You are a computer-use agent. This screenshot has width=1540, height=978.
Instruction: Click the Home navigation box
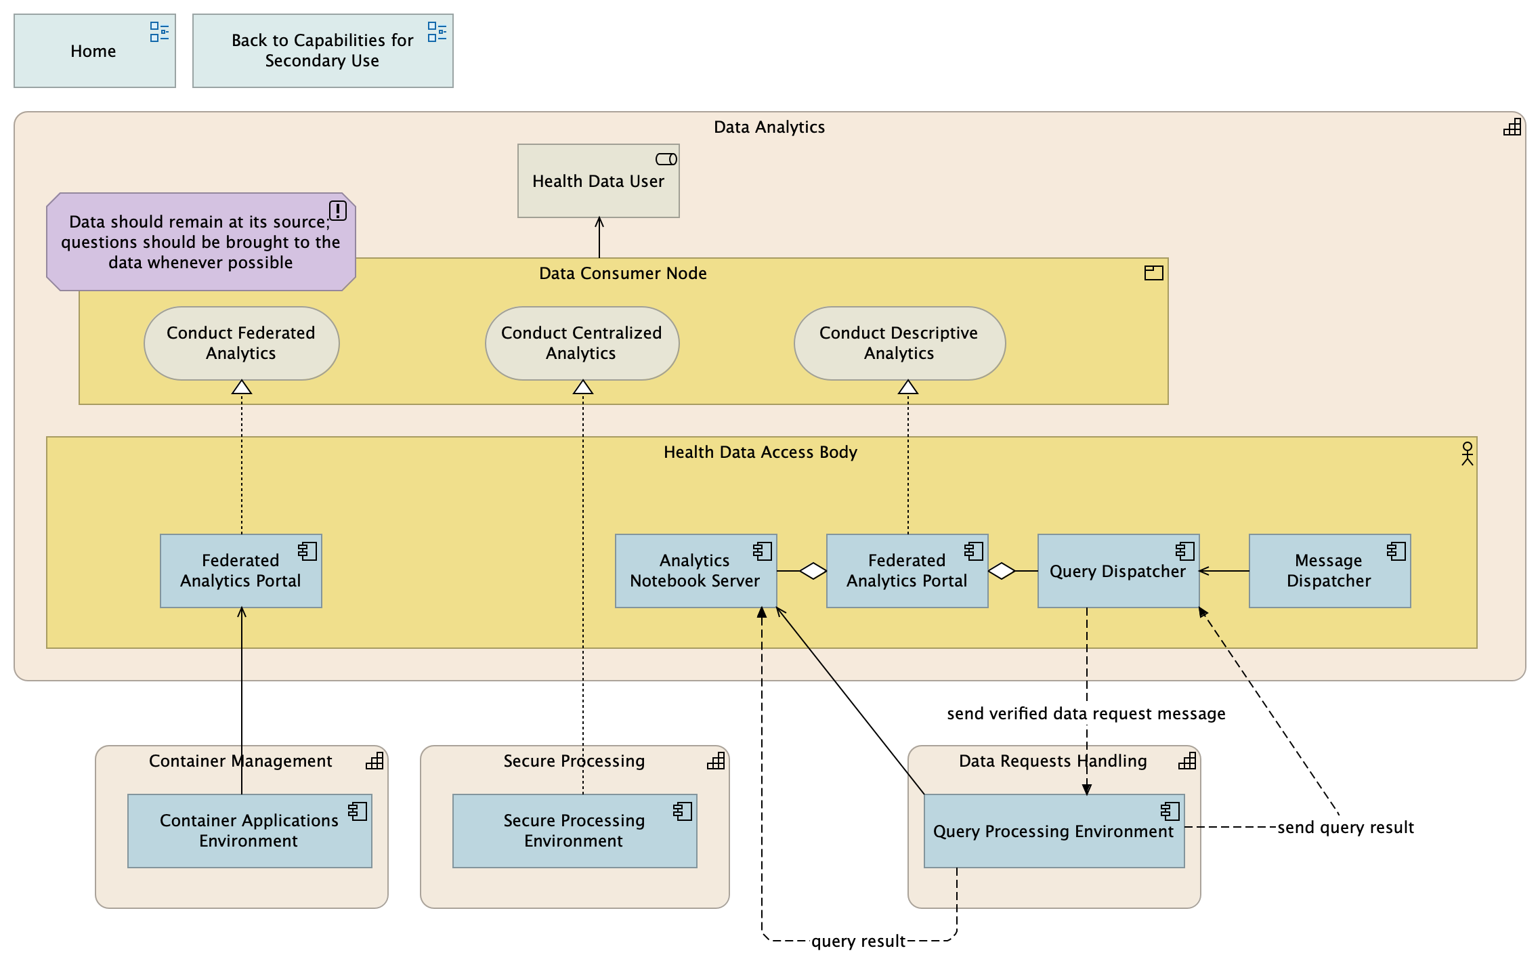[94, 51]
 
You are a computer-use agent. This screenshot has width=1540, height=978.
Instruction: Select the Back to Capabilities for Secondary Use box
[322, 51]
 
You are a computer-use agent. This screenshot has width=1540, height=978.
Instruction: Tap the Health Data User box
[598, 181]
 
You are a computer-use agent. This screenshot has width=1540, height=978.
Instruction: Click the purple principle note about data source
[200, 242]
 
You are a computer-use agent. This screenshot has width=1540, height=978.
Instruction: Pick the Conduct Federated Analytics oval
[241, 343]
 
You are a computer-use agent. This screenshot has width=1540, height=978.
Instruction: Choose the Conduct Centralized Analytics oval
[582, 343]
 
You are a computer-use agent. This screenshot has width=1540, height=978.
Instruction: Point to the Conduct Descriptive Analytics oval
[899, 343]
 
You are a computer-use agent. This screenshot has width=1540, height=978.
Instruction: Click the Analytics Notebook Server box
[695, 571]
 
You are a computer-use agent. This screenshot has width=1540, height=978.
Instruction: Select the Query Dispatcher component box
[1117, 571]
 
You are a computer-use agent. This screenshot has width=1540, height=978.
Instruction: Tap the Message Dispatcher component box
[1329, 571]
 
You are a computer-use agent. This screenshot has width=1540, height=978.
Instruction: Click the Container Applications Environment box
[249, 831]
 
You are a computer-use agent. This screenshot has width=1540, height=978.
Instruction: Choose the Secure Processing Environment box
[574, 831]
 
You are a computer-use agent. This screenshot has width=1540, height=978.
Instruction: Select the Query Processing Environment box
[1053, 831]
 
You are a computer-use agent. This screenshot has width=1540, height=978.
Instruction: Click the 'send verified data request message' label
[1086, 714]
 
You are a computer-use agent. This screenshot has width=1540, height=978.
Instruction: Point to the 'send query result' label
[1345, 828]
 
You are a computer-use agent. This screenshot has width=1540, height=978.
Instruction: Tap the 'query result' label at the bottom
[858, 941]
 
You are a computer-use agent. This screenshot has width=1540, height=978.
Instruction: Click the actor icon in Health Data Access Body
[1467, 453]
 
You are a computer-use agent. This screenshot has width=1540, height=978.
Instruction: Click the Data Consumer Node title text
[622, 273]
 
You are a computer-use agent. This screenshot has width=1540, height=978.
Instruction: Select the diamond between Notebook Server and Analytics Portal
[813, 571]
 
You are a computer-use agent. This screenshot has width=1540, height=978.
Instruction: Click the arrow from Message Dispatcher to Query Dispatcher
[1224, 571]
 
